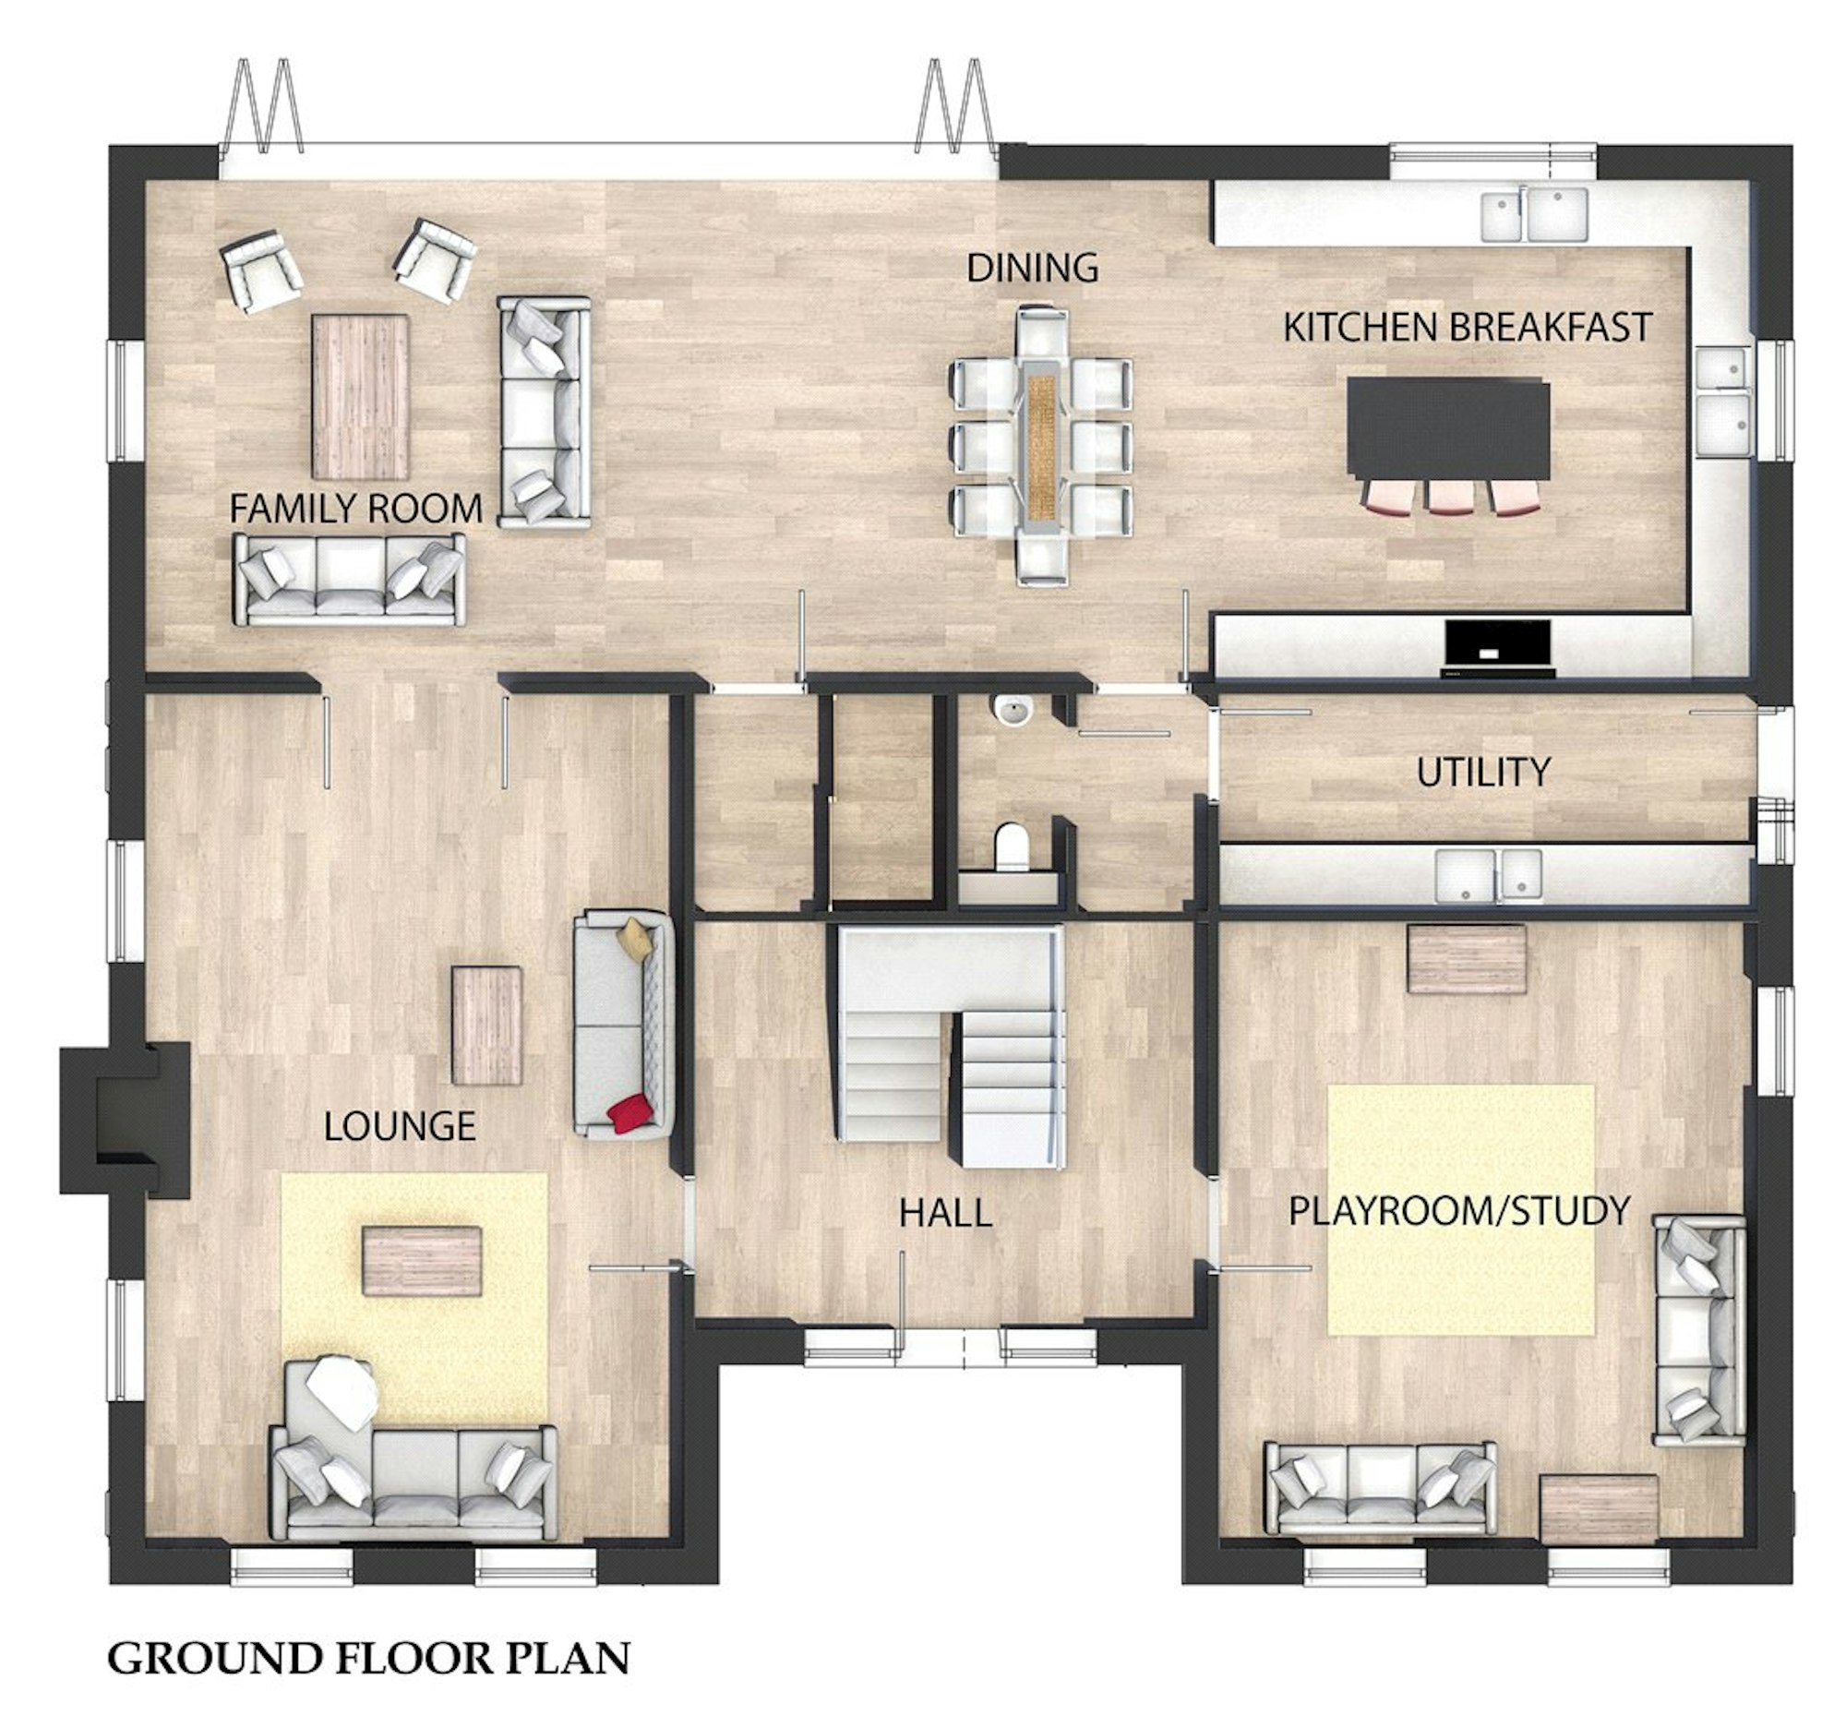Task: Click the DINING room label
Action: coord(1033,269)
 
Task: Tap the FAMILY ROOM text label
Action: coord(355,509)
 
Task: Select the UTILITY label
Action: coord(1483,772)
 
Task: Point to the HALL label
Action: coord(945,1213)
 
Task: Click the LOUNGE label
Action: coord(400,1126)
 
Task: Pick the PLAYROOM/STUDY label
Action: coord(1458,1211)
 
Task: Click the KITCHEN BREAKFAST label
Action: coord(1468,327)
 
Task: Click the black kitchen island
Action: coord(1447,430)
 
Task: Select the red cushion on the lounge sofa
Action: coord(629,1113)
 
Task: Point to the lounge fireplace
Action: coord(126,1118)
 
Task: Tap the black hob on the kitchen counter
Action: coord(1498,648)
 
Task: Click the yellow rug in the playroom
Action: coord(1460,1210)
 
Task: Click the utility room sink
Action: coord(1489,876)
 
